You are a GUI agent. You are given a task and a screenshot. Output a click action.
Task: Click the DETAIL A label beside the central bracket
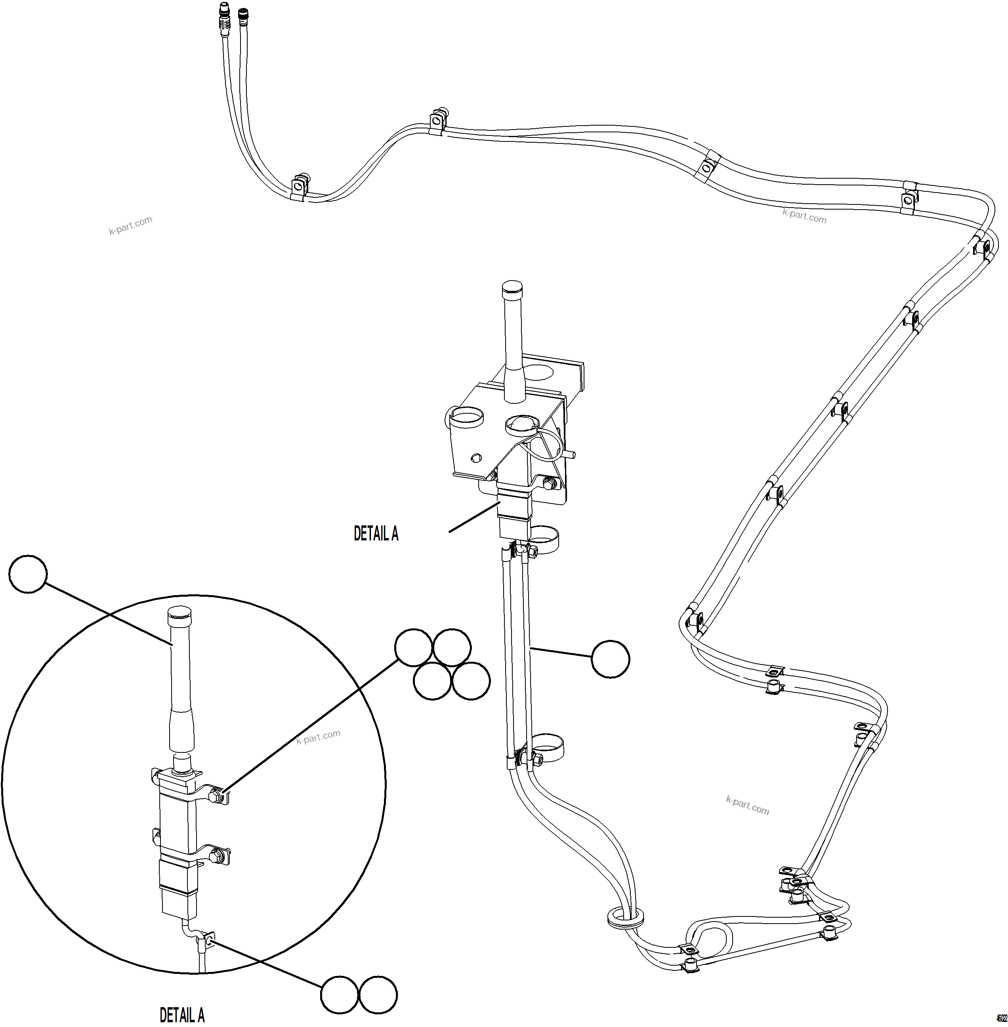click(376, 534)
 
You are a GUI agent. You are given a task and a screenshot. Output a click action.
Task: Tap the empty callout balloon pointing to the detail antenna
click(29, 574)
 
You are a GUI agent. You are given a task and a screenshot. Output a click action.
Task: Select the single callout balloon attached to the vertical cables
click(611, 659)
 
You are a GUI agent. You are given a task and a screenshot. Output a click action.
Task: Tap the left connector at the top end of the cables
click(223, 11)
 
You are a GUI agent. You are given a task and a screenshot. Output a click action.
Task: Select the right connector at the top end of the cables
click(243, 13)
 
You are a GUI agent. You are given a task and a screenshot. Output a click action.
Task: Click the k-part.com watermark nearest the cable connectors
click(130, 225)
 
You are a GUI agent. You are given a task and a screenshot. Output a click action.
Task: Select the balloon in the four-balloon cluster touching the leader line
click(414, 647)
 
